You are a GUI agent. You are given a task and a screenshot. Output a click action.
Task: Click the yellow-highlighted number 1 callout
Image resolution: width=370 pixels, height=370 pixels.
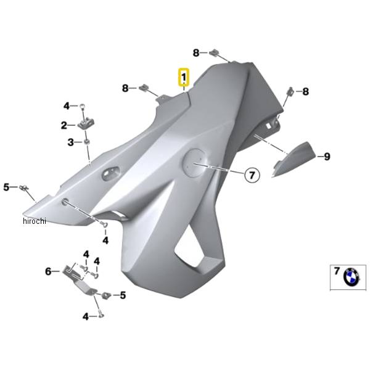[x=184, y=77]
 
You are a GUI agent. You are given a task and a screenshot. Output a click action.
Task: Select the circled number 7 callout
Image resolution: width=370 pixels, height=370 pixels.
[x=252, y=175]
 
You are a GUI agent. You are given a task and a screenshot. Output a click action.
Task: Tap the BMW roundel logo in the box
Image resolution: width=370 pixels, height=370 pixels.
[x=351, y=276]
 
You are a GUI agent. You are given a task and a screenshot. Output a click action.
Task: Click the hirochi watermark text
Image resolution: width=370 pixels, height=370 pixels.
[x=35, y=221]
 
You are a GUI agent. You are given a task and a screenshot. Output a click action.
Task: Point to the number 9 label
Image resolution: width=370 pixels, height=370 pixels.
[x=327, y=156]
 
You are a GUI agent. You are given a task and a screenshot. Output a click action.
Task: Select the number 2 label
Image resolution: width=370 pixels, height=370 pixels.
[x=64, y=125]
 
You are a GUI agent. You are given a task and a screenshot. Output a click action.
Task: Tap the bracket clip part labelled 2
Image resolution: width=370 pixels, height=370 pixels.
[x=86, y=123]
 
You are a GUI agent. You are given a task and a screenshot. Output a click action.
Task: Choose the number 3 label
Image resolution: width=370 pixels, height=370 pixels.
[x=70, y=142]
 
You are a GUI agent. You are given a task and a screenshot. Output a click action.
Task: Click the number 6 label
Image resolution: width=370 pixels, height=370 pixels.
[x=48, y=271]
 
